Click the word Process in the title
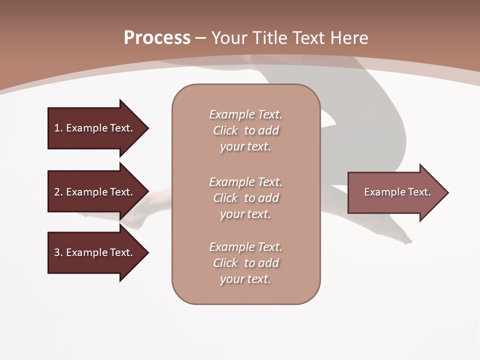pyautogui.click(x=157, y=38)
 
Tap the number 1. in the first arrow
pyautogui.click(x=58, y=128)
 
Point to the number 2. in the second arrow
pyautogui.click(x=58, y=192)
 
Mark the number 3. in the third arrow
pyautogui.click(x=58, y=252)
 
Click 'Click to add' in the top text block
pyautogui.click(x=246, y=131)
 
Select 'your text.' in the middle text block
pyautogui.click(x=245, y=214)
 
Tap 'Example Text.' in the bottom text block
pyautogui.click(x=245, y=247)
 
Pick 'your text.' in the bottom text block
pyautogui.click(x=245, y=279)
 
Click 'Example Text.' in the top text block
pyautogui.click(x=245, y=115)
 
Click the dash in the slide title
pyautogui.click(x=200, y=38)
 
